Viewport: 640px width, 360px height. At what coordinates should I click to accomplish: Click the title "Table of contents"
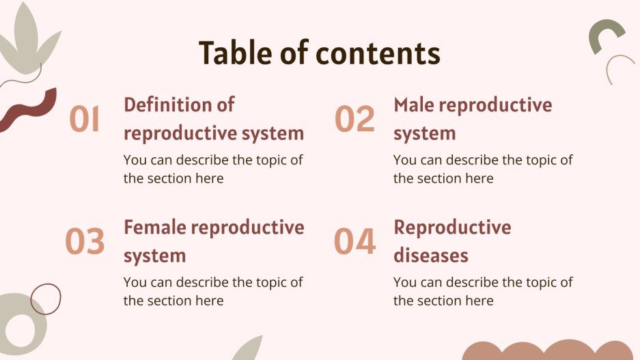(x=319, y=53)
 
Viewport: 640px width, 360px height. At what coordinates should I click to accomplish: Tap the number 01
(x=85, y=120)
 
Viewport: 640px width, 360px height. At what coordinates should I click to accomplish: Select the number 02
(x=354, y=120)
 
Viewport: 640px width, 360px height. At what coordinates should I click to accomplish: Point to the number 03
(x=85, y=242)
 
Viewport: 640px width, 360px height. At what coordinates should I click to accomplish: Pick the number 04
(x=354, y=242)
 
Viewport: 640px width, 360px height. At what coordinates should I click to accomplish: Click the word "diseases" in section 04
(x=431, y=255)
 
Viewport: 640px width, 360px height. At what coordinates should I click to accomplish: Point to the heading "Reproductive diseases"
(x=451, y=241)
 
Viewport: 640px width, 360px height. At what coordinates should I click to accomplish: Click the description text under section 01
(x=213, y=169)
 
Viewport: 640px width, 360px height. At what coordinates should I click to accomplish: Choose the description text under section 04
(x=483, y=291)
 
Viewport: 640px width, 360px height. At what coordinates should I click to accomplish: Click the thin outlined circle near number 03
(x=46, y=299)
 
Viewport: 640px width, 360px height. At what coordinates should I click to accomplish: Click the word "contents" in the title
(x=383, y=53)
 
